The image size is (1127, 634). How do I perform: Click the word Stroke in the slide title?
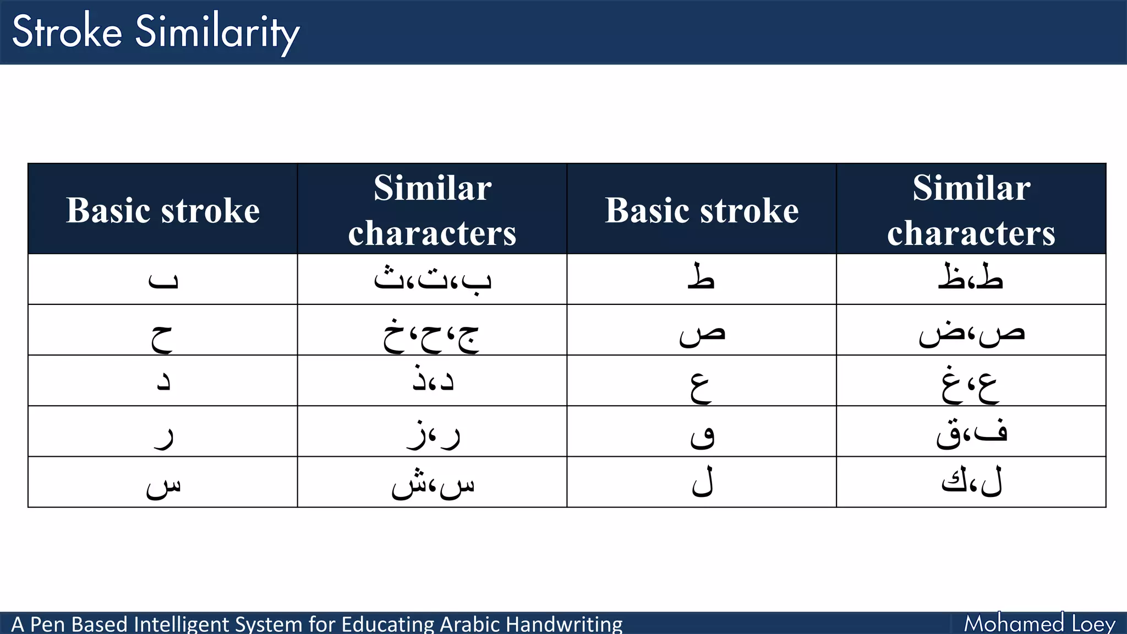[x=67, y=31]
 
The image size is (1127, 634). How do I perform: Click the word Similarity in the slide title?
[x=217, y=33]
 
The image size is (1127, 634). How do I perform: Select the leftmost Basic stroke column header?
[x=163, y=210]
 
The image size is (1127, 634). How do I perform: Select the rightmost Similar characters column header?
[x=971, y=210]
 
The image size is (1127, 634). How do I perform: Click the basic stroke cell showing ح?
[x=162, y=336]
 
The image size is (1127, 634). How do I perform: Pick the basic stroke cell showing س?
[x=163, y=485]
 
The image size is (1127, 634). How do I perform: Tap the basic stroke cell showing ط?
[x=701, y=278]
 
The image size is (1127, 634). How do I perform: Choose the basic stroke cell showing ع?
[x=701, y=385]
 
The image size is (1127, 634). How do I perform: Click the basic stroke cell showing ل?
[x=703, y=483]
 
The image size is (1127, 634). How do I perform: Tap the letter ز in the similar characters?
[x=417, y=435]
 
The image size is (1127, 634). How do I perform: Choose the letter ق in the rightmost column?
[x=950, y=435]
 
